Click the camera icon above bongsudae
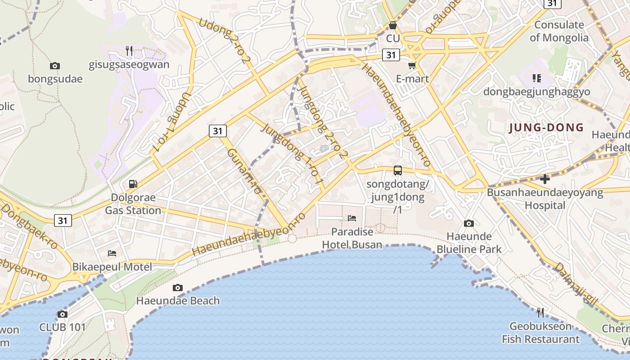point(55,66)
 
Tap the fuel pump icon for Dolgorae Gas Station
point(133,184)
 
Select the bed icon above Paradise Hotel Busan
point(352,218)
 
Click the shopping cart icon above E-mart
point(412,66)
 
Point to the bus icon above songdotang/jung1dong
point(397,170)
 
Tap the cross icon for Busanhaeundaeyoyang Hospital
point(545,179)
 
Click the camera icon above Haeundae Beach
point(178,288)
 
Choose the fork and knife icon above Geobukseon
point(540,312)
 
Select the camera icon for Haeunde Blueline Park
point(469,223)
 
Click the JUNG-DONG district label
point(546,128)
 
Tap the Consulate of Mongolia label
point(559,31)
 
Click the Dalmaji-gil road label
point(576,286)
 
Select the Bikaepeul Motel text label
point(112,266)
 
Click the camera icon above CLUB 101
point(63,314)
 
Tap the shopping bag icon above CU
point(393,25)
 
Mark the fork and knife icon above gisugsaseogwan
point(129,51)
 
